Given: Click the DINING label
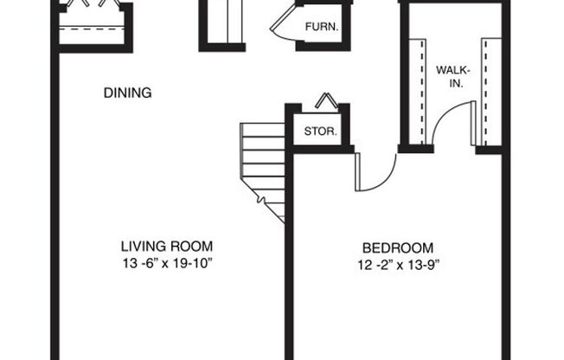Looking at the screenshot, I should pos(127,93).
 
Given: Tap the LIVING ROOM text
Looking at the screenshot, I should pos(166,245).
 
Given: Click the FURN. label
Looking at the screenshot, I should pos(321,27).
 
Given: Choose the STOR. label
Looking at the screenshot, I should pos(319,132).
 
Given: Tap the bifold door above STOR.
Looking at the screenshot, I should pos(325,100).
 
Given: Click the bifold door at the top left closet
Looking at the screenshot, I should pos(91,7).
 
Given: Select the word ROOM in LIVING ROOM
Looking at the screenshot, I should pos(191,245).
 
